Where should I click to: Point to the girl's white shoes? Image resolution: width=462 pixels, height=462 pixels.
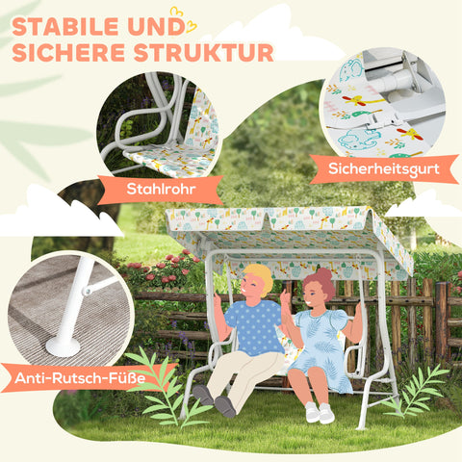click(x=319, y=412)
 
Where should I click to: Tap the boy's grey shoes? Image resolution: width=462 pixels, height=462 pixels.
click(x=214, y=400)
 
